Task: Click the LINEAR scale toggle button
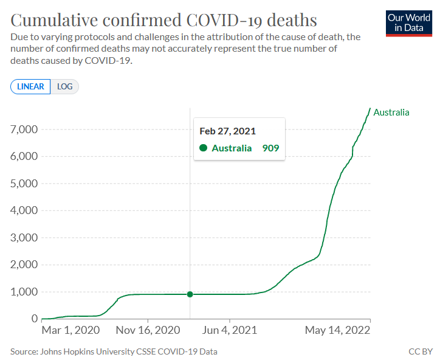tap(30, 86)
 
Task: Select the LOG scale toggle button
tap(64, 86)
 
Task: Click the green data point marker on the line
tap(190, 294)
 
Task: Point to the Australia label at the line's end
tap(391, 112)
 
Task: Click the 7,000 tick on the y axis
tap(24, 130)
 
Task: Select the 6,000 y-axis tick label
tap(24, 156)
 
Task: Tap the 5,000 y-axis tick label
tap(24, 184)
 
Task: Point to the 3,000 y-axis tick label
tap(24, 238)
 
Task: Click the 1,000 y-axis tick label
tap(24, 292)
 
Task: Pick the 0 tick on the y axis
tap(35, 319)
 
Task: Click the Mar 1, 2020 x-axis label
tap(70, 331)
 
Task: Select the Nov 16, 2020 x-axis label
tap(148, 331)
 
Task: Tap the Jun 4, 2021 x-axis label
tap(230, 331)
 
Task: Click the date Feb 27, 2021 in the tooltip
tap(228, 131)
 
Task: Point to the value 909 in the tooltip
tap(270, 148)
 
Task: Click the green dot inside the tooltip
tap(203, 148)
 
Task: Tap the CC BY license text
tap(421, 351)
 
